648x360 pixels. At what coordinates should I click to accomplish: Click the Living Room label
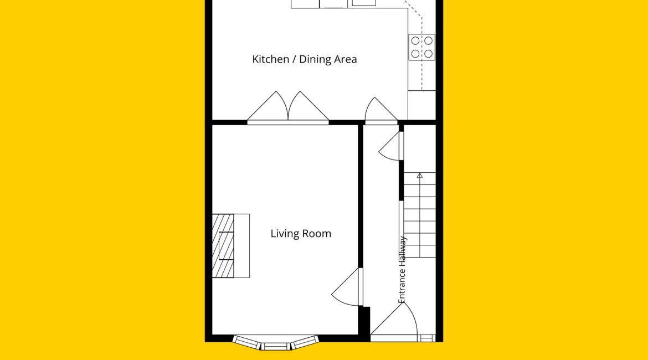tap(301, 234)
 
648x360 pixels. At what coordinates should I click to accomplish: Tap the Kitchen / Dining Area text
tap(305, 59)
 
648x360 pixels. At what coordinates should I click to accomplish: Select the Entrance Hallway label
tap(402, 270)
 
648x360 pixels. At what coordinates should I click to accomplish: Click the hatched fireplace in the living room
tap(223, 245)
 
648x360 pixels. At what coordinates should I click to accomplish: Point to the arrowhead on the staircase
tap(420, 175)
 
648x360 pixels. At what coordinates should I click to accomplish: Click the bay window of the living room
tap(276, 342)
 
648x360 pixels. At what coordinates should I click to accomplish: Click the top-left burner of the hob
tap(415, 41)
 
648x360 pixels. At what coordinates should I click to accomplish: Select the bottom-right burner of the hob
tap(429, 54)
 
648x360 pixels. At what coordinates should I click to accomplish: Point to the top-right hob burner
tap(429, 41)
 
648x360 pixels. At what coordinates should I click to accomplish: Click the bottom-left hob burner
tap(415, 54)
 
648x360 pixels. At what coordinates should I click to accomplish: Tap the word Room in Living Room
tap(317, 234)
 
